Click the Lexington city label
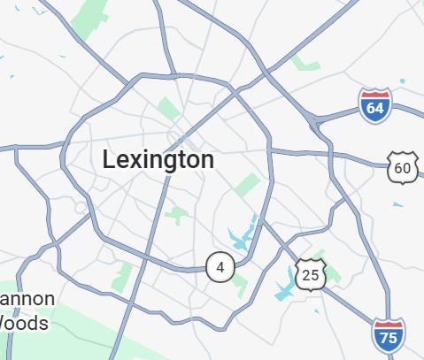(x=158, y=160)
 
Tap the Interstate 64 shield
(x=375, y=106)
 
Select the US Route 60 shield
(x=403, y=167)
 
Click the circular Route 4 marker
(x=220, y=266)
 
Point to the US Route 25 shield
(x=310, y=275)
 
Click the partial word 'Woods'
(x=24, y=323)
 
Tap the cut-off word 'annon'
(x=27, y=299)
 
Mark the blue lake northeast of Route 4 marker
(x=242, y=234)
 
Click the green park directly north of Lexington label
(x=166, y=109)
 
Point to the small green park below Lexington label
(x=177, y=215)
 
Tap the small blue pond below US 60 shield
(x=398, y=205)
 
